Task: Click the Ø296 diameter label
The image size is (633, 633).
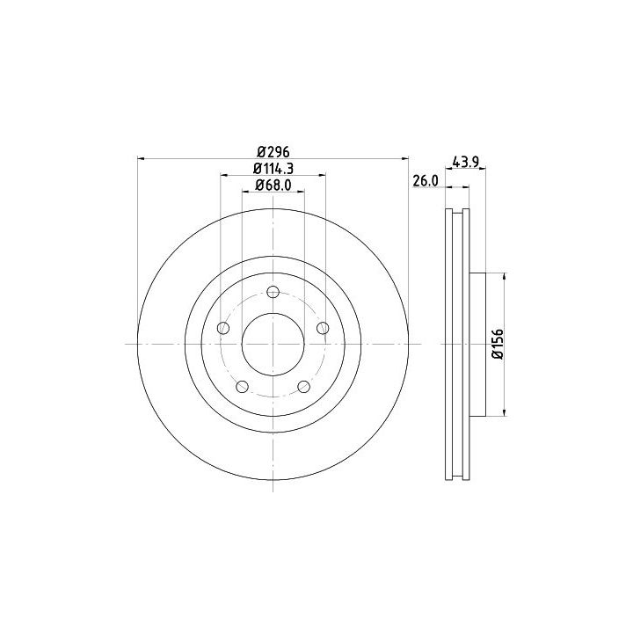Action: tap(273, 152)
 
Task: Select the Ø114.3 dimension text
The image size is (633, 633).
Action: tap(273, 168)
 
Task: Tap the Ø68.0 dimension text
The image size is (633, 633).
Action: tap(273, 185)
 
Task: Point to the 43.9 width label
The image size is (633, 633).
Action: tap(465, 162)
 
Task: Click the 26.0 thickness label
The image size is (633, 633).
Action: tap(426, 181)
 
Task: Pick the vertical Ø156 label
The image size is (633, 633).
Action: tap(498, 344)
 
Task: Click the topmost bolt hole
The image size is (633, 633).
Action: tap(273, 292)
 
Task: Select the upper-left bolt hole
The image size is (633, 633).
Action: tap(223, 328)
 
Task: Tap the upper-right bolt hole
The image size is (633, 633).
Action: tap(323, 328)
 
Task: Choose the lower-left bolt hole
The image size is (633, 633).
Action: tap(243, 386)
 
